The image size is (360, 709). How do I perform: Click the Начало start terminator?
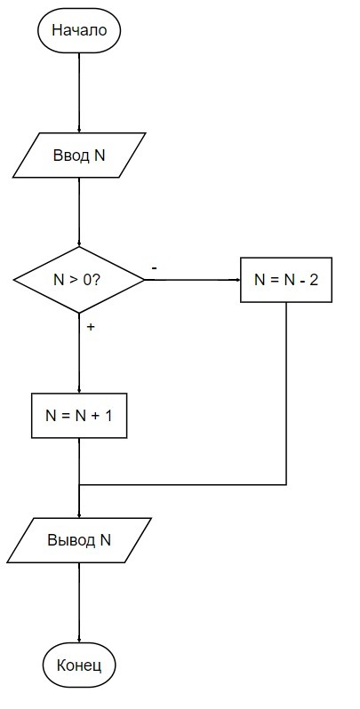pos(79,31)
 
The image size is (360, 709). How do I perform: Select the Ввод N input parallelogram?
pos(79,155)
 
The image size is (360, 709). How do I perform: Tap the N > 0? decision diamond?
pos(79,280)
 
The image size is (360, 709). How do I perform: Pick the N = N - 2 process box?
pos(286,280)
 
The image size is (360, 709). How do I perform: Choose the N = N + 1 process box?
pos(79,416)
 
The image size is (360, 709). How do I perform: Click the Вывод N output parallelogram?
pos(79,540)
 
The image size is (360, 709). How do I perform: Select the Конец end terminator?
pos(79,665)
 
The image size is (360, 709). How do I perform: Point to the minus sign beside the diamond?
pos(154,268)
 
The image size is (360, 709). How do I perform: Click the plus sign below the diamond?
pos(91,327)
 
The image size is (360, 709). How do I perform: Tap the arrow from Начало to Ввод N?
pos(79,92)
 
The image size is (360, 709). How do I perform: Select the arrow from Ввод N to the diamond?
pos(79,212)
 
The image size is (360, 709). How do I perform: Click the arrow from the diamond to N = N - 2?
pos(192,280)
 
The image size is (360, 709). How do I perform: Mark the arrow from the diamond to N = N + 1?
pos(79,353)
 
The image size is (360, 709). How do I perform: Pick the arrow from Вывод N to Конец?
pos(79,602)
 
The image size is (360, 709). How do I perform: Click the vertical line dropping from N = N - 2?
pos(286,394)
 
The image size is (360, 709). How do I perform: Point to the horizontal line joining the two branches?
pos(183,485)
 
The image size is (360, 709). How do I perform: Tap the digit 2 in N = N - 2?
pos(314,280)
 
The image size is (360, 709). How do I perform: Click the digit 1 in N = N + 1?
pos(108,416)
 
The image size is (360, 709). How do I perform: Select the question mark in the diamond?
pos(95,280)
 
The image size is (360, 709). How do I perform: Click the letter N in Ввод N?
pos(100,155)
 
